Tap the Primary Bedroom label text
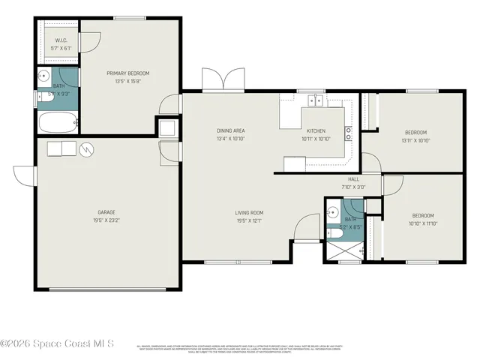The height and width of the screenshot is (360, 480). tap(127, 73)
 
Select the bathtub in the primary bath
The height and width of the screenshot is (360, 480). tap(57, 122)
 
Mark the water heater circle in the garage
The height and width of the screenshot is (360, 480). tap(88, 148)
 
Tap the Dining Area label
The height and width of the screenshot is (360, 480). tap(231, 130)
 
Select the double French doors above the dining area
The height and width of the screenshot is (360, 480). tap(223, 79)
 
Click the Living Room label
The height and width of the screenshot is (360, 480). tap(229, 212)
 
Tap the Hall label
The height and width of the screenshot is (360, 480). tap(354, 178)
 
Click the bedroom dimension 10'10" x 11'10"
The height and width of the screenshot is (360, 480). tap(422, 223)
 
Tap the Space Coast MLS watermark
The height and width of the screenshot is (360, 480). tap(58, 343)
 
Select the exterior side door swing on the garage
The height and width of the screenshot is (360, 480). tap(25, 175)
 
